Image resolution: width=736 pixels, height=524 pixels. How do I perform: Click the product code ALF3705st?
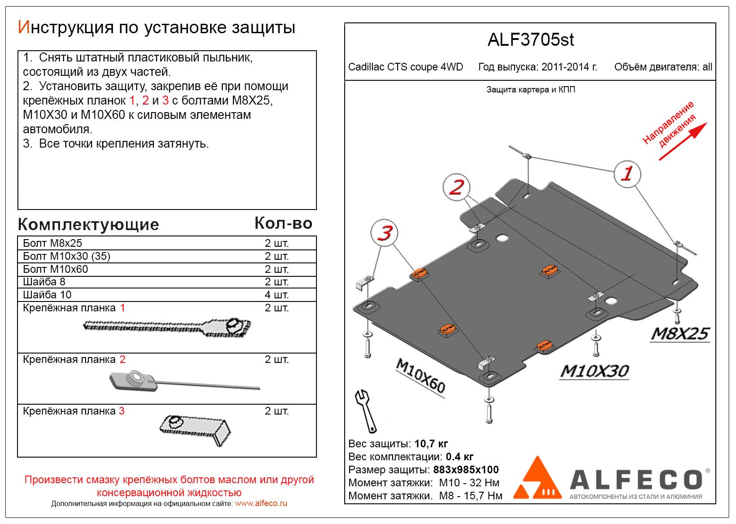(x=530, y=40)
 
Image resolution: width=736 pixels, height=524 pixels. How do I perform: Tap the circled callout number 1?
(x=627, y=174)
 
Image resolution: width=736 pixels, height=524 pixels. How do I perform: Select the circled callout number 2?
(x=456, y=187)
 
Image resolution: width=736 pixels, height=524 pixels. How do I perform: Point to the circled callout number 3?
(x=385, y=233)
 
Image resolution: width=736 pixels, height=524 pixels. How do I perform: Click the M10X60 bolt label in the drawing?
(x=420, y=376)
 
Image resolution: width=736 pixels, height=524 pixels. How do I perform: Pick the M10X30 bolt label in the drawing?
(x=594, y=371)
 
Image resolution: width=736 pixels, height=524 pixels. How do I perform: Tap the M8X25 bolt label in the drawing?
(x=680, y=334)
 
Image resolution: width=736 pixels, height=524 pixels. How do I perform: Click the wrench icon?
(x=366, y=410)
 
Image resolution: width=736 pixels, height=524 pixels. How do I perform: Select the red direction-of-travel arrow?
(x=683, y=141)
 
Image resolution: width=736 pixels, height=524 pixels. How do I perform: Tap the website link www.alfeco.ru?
(x=261, y=503)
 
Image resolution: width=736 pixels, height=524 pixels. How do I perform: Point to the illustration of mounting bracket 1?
(x=167, y=327)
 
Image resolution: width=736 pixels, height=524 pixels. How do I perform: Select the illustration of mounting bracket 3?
(x=195, y=428)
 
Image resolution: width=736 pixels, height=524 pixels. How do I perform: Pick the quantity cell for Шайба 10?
(x=276, y=295)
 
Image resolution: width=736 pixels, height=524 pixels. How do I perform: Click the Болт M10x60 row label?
(x=56, y=269)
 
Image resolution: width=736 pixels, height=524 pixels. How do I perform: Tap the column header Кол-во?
(x=283, y=223)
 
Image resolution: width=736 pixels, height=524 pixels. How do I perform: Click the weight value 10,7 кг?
(x=431, y=444)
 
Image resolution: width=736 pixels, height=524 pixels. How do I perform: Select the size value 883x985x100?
(x=466, y=470)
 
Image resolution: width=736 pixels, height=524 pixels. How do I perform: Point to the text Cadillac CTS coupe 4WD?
(x=405, y=67)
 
